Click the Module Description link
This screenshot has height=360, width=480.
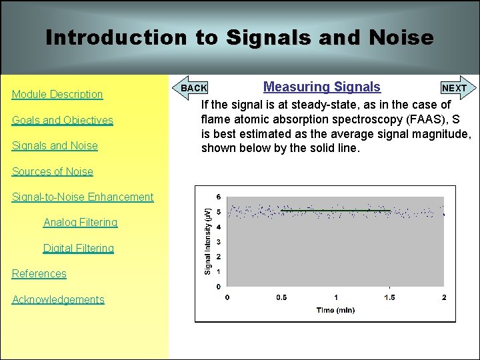click(57, 95)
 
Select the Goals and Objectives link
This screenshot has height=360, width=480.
click(63, 120)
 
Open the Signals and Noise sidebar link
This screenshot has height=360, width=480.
click(55, 145)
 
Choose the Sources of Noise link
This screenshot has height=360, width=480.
click(53, 171)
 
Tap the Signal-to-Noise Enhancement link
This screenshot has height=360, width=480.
click(83, 197)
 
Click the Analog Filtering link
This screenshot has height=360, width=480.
click(80, 222)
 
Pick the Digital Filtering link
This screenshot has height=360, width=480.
click(79, 248)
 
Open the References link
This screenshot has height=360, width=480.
click(39, 273)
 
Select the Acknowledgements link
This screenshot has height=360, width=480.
click(58, 299)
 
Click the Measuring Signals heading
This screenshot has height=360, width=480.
click(322, 87)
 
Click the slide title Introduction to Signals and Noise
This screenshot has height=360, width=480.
click(239, 37)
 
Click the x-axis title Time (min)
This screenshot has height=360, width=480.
click(335, 310)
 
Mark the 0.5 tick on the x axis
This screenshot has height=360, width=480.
click(281, 297)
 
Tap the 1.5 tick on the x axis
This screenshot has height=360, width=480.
click(389, 297)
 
